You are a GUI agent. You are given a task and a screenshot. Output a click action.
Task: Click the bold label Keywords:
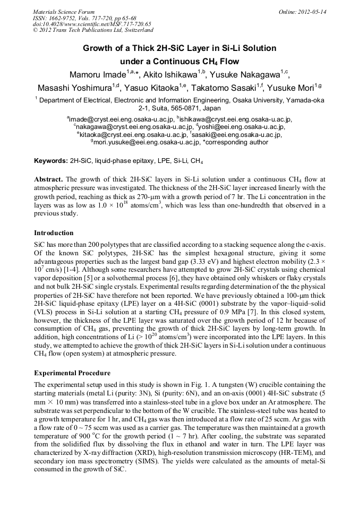(x=51, y=160)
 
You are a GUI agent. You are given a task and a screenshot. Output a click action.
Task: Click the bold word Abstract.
(x=48, y=179)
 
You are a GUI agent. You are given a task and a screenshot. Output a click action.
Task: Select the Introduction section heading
(x=54, y=233)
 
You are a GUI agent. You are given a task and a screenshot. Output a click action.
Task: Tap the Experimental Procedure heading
(x=72, y=373)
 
